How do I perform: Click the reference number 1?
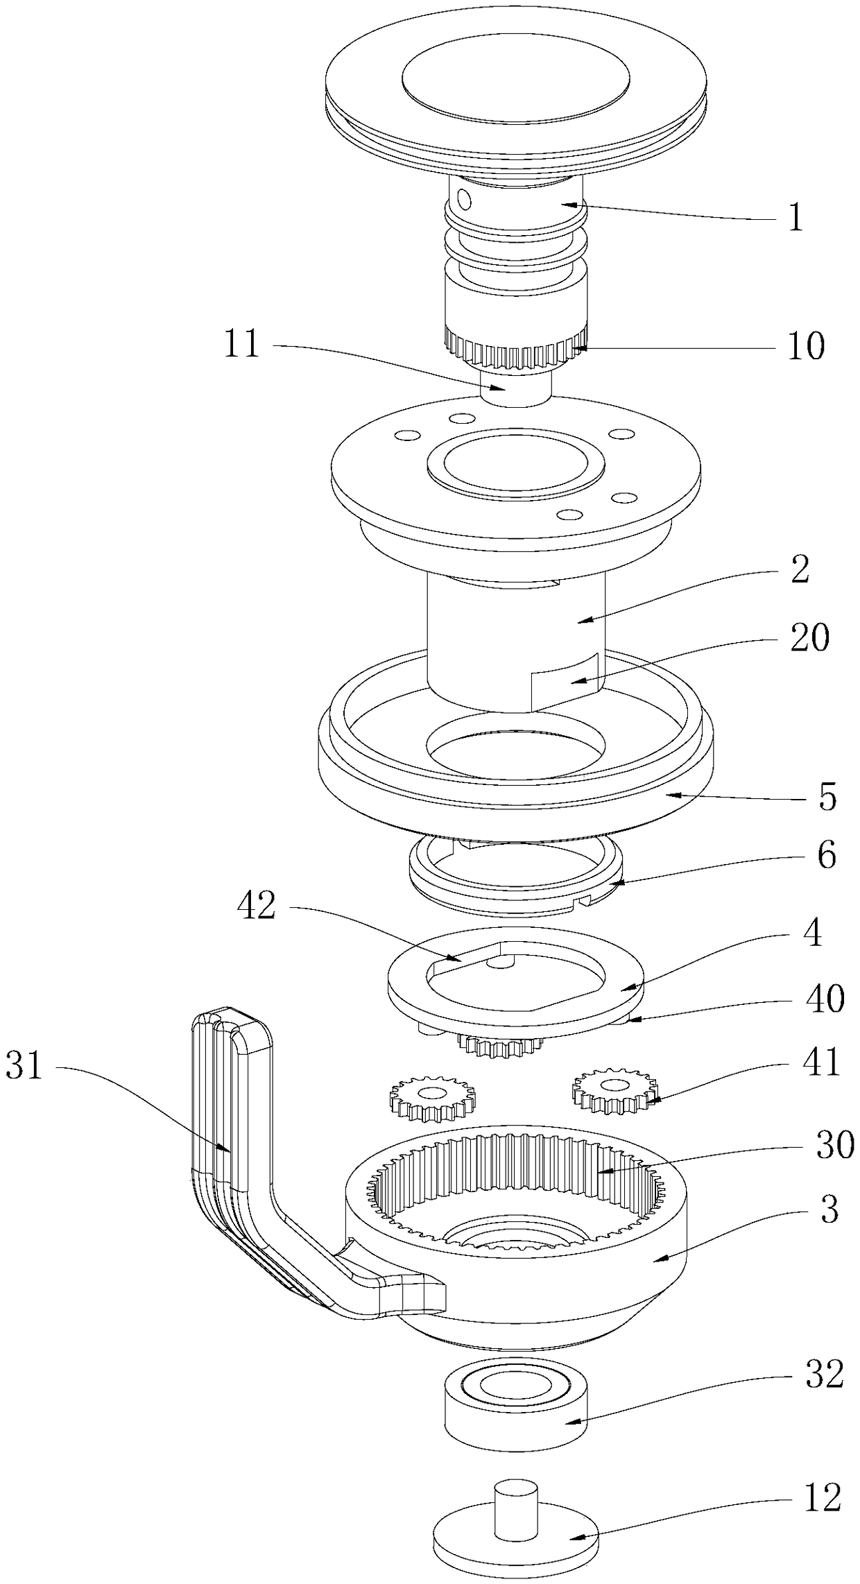pyautogui.click(x=795, y=219)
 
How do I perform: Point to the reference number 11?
pyautogui.click(x=241, y=344)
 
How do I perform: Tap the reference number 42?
pyautogui.click(x=256, y=906)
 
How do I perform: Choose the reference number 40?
pyautogui.click(x=825, y=999)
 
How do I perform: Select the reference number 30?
pyautogui.click(x=834, y=1146)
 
